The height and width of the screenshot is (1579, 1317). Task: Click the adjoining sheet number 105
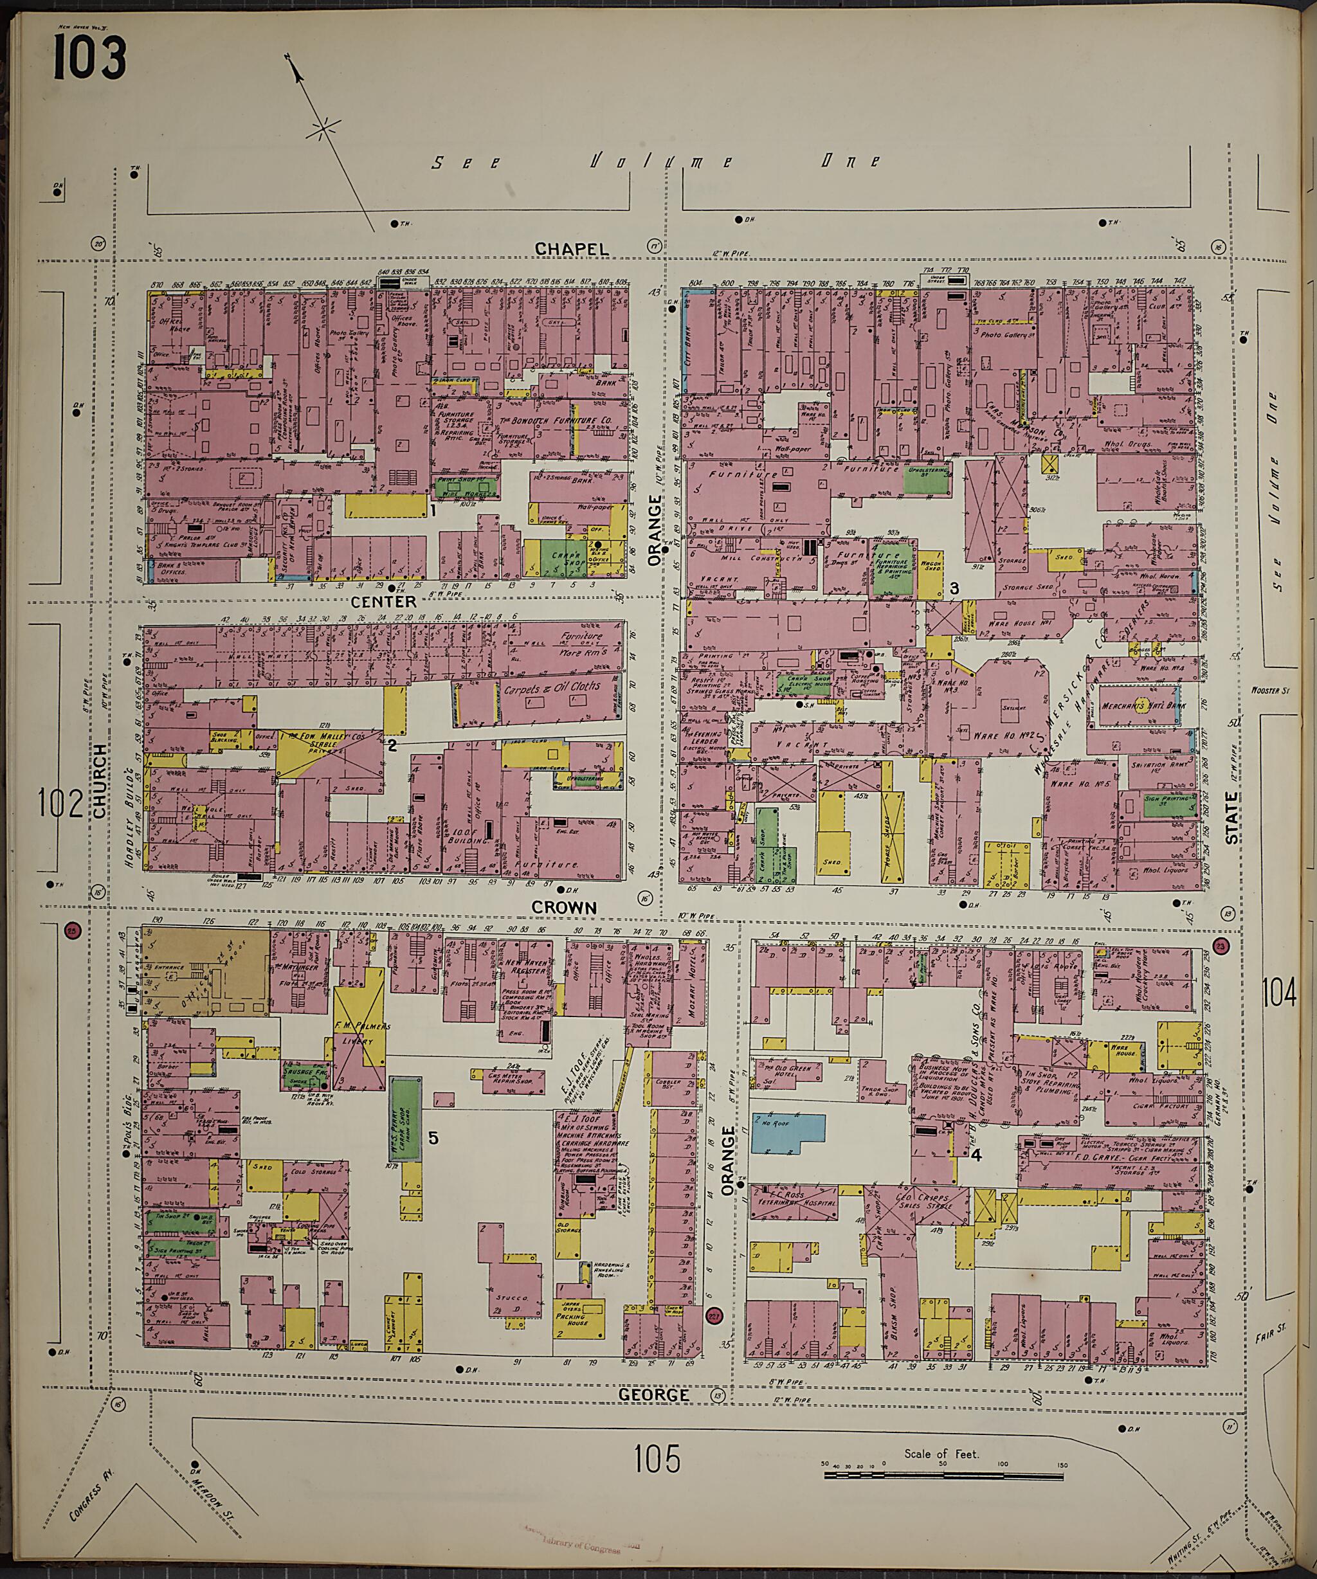tap(657, 1459)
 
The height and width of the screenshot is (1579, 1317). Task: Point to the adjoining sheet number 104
tap(1280, 995)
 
